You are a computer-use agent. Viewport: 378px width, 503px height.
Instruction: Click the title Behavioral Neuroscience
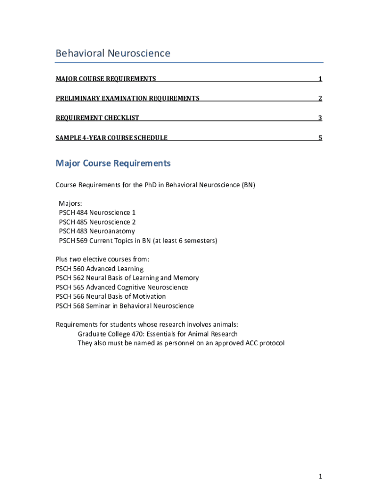click(x=113, y=53)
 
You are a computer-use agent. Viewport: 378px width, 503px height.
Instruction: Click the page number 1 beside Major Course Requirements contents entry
click(x=320, y=79)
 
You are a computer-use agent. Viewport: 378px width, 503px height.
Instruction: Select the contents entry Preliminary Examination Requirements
click(x=128, y=98)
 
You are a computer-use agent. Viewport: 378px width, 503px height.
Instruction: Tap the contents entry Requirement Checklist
click(x=97, y=118)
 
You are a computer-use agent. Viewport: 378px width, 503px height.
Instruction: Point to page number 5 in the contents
click(x=320, y=138)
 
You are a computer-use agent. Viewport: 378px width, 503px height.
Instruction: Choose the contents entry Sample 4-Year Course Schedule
click(x=111, y=138)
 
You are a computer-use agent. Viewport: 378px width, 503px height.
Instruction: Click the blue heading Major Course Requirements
click(x=113, y=163)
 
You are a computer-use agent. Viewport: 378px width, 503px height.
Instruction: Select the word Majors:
click(x=71, y=203)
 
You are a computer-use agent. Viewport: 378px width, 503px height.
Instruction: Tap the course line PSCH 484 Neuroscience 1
click(x=97, y=213)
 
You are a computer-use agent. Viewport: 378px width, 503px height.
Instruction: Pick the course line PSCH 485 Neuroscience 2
click(x=97, y=222)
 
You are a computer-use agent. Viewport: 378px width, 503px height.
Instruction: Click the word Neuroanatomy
click(x=112, y=231)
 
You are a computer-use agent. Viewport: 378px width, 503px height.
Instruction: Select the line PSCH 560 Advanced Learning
click(x=100, y=269)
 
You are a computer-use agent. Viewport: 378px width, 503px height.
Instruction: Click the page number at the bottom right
click(x=320, y=476)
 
